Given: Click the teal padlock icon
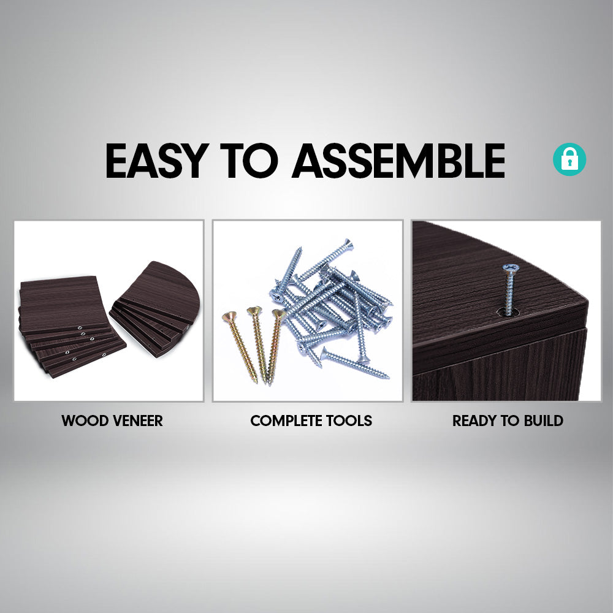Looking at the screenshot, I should (x=569, y=160).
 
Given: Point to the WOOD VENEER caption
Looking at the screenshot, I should (x=112, y=421).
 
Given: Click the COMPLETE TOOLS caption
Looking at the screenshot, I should (x=311, y=421).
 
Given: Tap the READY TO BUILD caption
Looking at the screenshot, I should (x=508, y=421).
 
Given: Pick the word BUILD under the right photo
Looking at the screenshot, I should (x=543, y=421).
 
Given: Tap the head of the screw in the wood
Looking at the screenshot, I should (x=509, y=268).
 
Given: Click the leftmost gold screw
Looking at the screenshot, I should (x=240, y=347).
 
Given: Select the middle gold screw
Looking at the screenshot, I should (x=258, y=343).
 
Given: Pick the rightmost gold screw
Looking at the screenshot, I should (x=275, y=343).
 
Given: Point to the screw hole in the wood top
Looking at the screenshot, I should (x=508, y=312).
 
